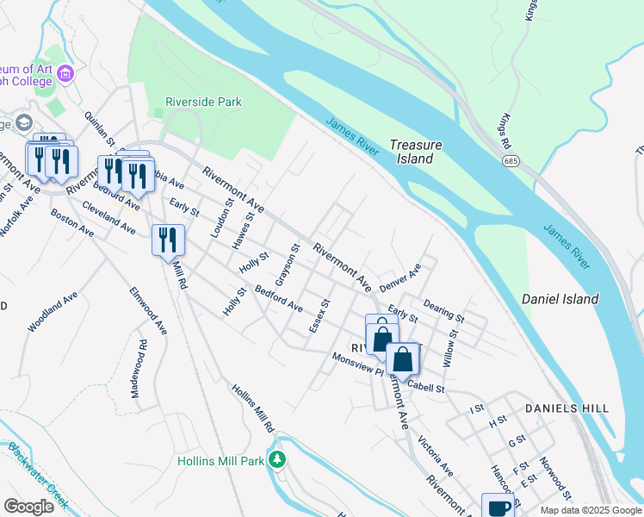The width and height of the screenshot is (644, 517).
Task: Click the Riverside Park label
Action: (x=204, y=102)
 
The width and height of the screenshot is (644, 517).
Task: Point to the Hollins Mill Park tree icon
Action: (x=277, y=458)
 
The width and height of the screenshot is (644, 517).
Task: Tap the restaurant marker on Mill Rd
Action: (x=168, y=240)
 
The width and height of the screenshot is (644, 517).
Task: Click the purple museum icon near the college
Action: (x=66, y=76)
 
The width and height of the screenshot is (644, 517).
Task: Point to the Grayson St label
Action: (x=287, y=265)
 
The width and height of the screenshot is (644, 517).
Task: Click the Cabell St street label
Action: (x=425, y=389)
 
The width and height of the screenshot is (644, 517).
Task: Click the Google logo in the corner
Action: (x=29, y=507)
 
